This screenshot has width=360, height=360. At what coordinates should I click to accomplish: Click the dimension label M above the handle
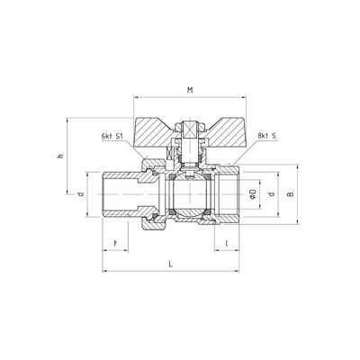(190, 90)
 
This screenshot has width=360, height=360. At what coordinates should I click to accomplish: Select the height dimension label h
(61, 156)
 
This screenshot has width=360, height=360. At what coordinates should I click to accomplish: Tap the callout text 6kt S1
(112, 136)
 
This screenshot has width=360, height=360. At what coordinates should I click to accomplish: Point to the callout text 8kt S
(266, 136)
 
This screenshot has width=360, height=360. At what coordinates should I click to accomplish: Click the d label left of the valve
(80, 194)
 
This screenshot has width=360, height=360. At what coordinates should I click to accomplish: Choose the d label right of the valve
(272, 193)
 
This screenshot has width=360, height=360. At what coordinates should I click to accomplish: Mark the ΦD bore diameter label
(253, 194)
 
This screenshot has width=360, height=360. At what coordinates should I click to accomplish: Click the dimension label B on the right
(290, 194)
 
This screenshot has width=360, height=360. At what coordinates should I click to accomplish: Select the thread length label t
(115, 243)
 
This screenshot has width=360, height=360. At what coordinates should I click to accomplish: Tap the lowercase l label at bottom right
(227, 243)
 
